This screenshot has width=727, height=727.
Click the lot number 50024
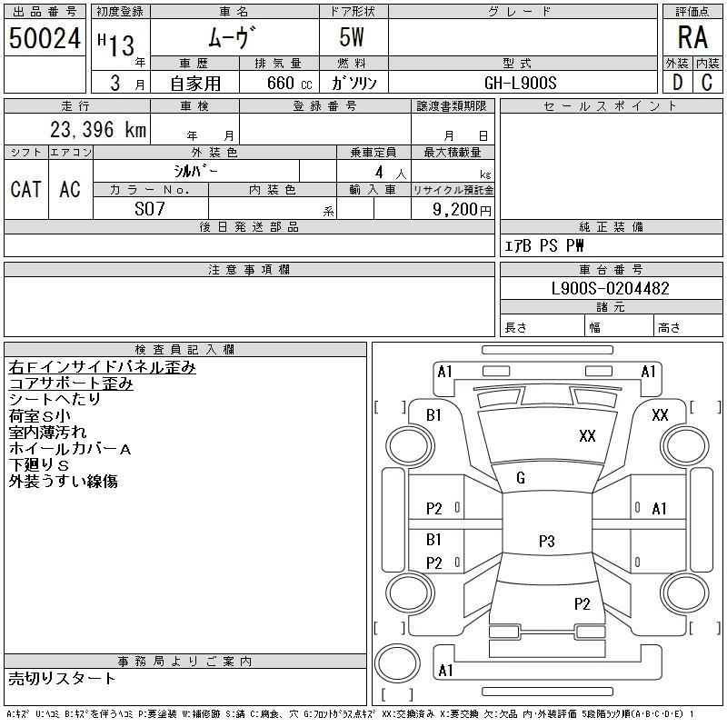pyautogui.click(x=45, y=38)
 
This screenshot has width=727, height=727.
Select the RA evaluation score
pyautogui.click(x=692, y=37)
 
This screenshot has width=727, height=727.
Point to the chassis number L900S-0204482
pyautogui.click(x=611, y=289)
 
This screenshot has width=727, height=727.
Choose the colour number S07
pyautogui.click(x=150, y=208)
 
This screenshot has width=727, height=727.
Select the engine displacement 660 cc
pyautogui.click(x=276, y=83)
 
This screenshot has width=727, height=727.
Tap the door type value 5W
pyautogui.click(x=354, y=38)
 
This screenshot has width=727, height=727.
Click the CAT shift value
pyautogui.click(x=25, y=189)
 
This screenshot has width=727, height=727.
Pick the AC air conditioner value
pyautogui.click(x=70, y=189)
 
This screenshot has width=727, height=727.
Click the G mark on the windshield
pyautogui.click(x=521, y=478)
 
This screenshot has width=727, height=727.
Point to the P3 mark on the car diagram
pyautogui.click(x=546, y=542)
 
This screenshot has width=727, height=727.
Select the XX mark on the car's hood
pyautogui.click(x=587, y=436)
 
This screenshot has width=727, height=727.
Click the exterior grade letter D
pyautogui.click(x=677, y=82)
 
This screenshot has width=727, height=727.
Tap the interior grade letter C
pyautogui.click(x=707, y=82)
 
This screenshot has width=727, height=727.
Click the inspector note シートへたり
pyautogui.click(x=55, y=400)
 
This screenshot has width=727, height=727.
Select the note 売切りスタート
pyautogui.click(x=62, y=678)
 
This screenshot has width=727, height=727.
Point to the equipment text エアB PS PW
pyautogui.click(x=544, y=245)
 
